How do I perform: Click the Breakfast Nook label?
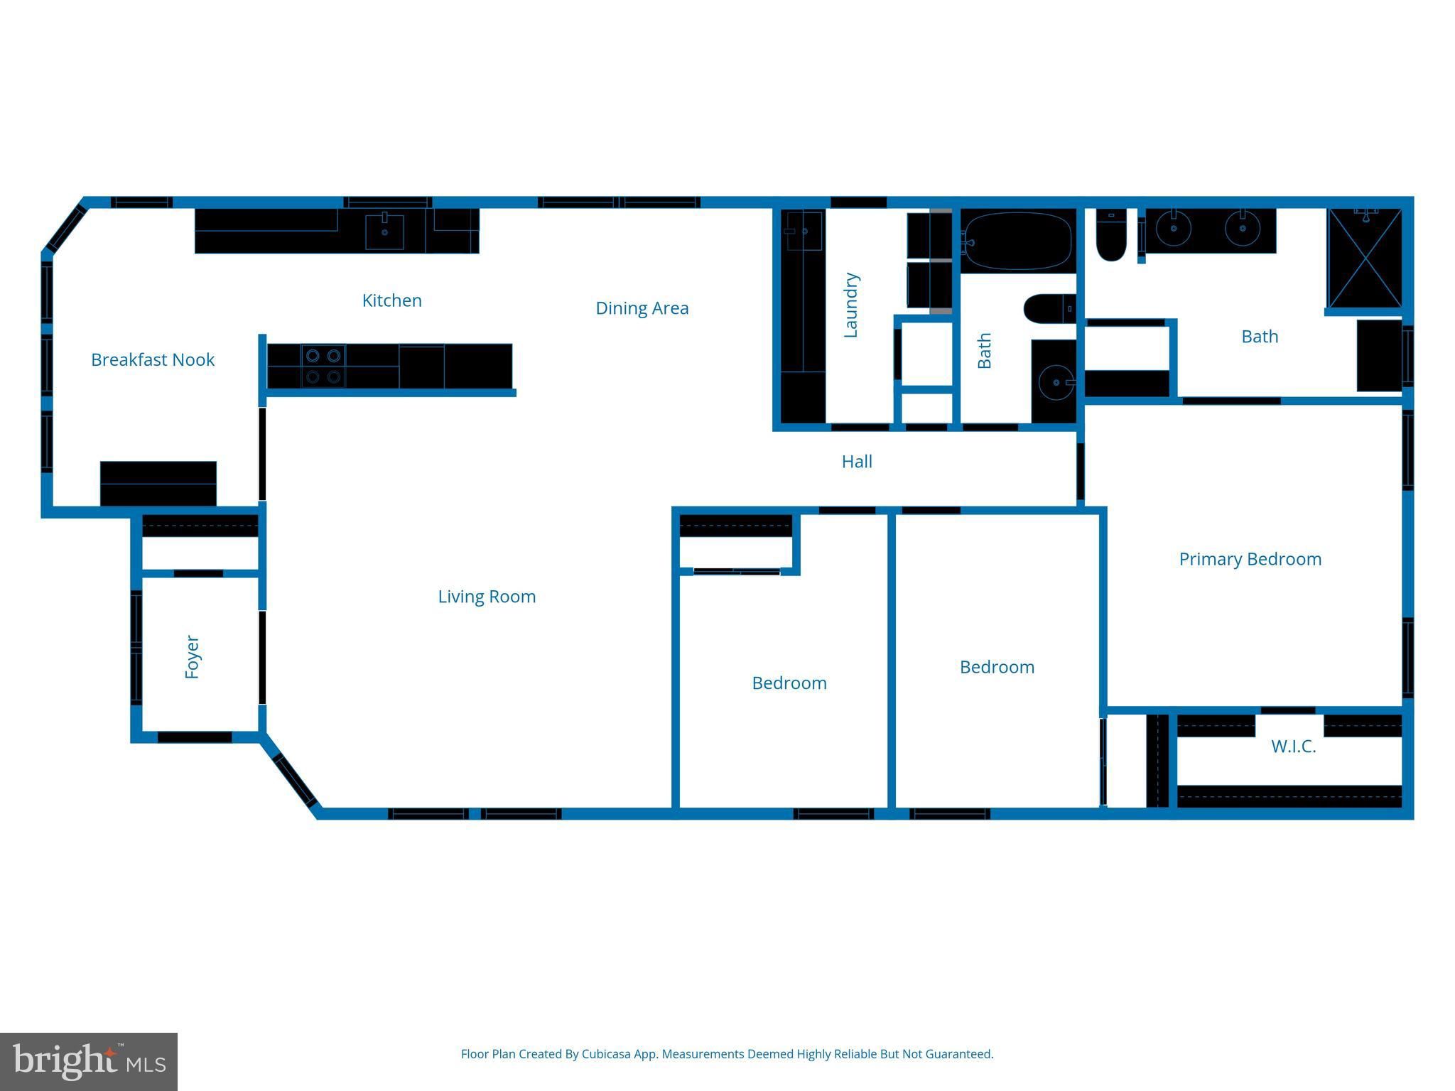pyautogui.click(x=153, y=360)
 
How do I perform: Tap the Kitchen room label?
pyautogui.click(x=392, y=300)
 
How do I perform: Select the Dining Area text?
pyautogui.click(x=642, y=308)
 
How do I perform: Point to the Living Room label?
pyautogui.click(x=487, y=597)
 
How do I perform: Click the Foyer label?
pyautogui.click(x=192, y=657)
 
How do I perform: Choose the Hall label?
pyautogui.click(x=857, y=462)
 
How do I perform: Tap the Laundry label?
pyautogui.click(x=850, y=305)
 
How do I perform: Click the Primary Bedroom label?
pyautogui.click(x=1250, y=559)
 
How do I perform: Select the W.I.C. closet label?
pyautogui.click(x=1294, y=747)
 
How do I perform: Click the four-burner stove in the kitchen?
pyautogui.click(x=323, y=366)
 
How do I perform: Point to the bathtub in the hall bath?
pyautogui.click(x=1018, y=241)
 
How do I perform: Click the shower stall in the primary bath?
pyautogui.click(x=1365, y=259)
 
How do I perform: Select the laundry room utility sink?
pyautogui.click(x=804, y=231)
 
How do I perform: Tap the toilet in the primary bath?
pyautogui.click(x=1110, y=235)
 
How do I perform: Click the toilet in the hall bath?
pyautogui.click(x=1050, y=308)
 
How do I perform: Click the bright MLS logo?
pyautogui.click(x=89, y=1062)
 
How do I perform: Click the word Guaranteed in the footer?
pyautogui.click(x=959, y=1054)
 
